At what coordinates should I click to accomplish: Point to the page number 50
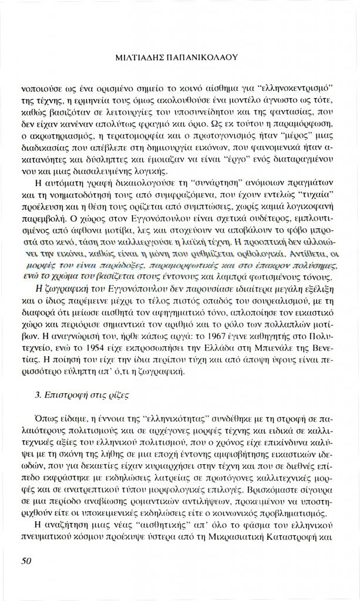[26, 561]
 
